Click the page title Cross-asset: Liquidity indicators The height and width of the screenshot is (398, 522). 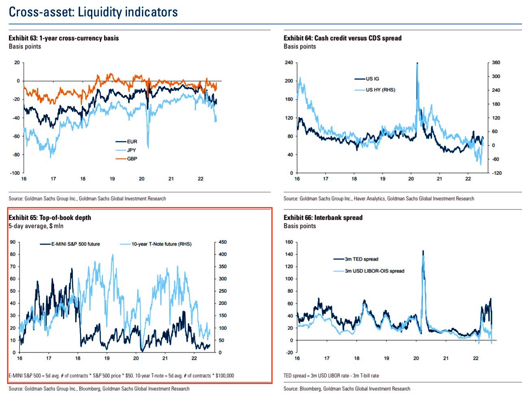(x=93, y=12)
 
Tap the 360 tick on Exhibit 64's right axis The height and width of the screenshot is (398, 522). (x=496, y=63)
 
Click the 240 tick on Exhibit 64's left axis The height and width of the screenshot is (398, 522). (x=289, y=63)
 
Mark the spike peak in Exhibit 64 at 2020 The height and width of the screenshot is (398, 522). (x=417, y=63)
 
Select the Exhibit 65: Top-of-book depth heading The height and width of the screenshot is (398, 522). (x=50, y=217)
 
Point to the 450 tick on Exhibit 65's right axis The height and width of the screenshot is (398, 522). (x=222, y=242)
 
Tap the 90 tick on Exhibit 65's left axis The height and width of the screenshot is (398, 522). (x=13, y=242)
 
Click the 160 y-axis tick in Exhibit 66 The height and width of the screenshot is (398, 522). (x=289, y=242)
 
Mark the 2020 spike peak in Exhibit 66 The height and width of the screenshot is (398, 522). (x=423, y=251)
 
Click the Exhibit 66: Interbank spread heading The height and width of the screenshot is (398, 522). (x=323, y=217)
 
